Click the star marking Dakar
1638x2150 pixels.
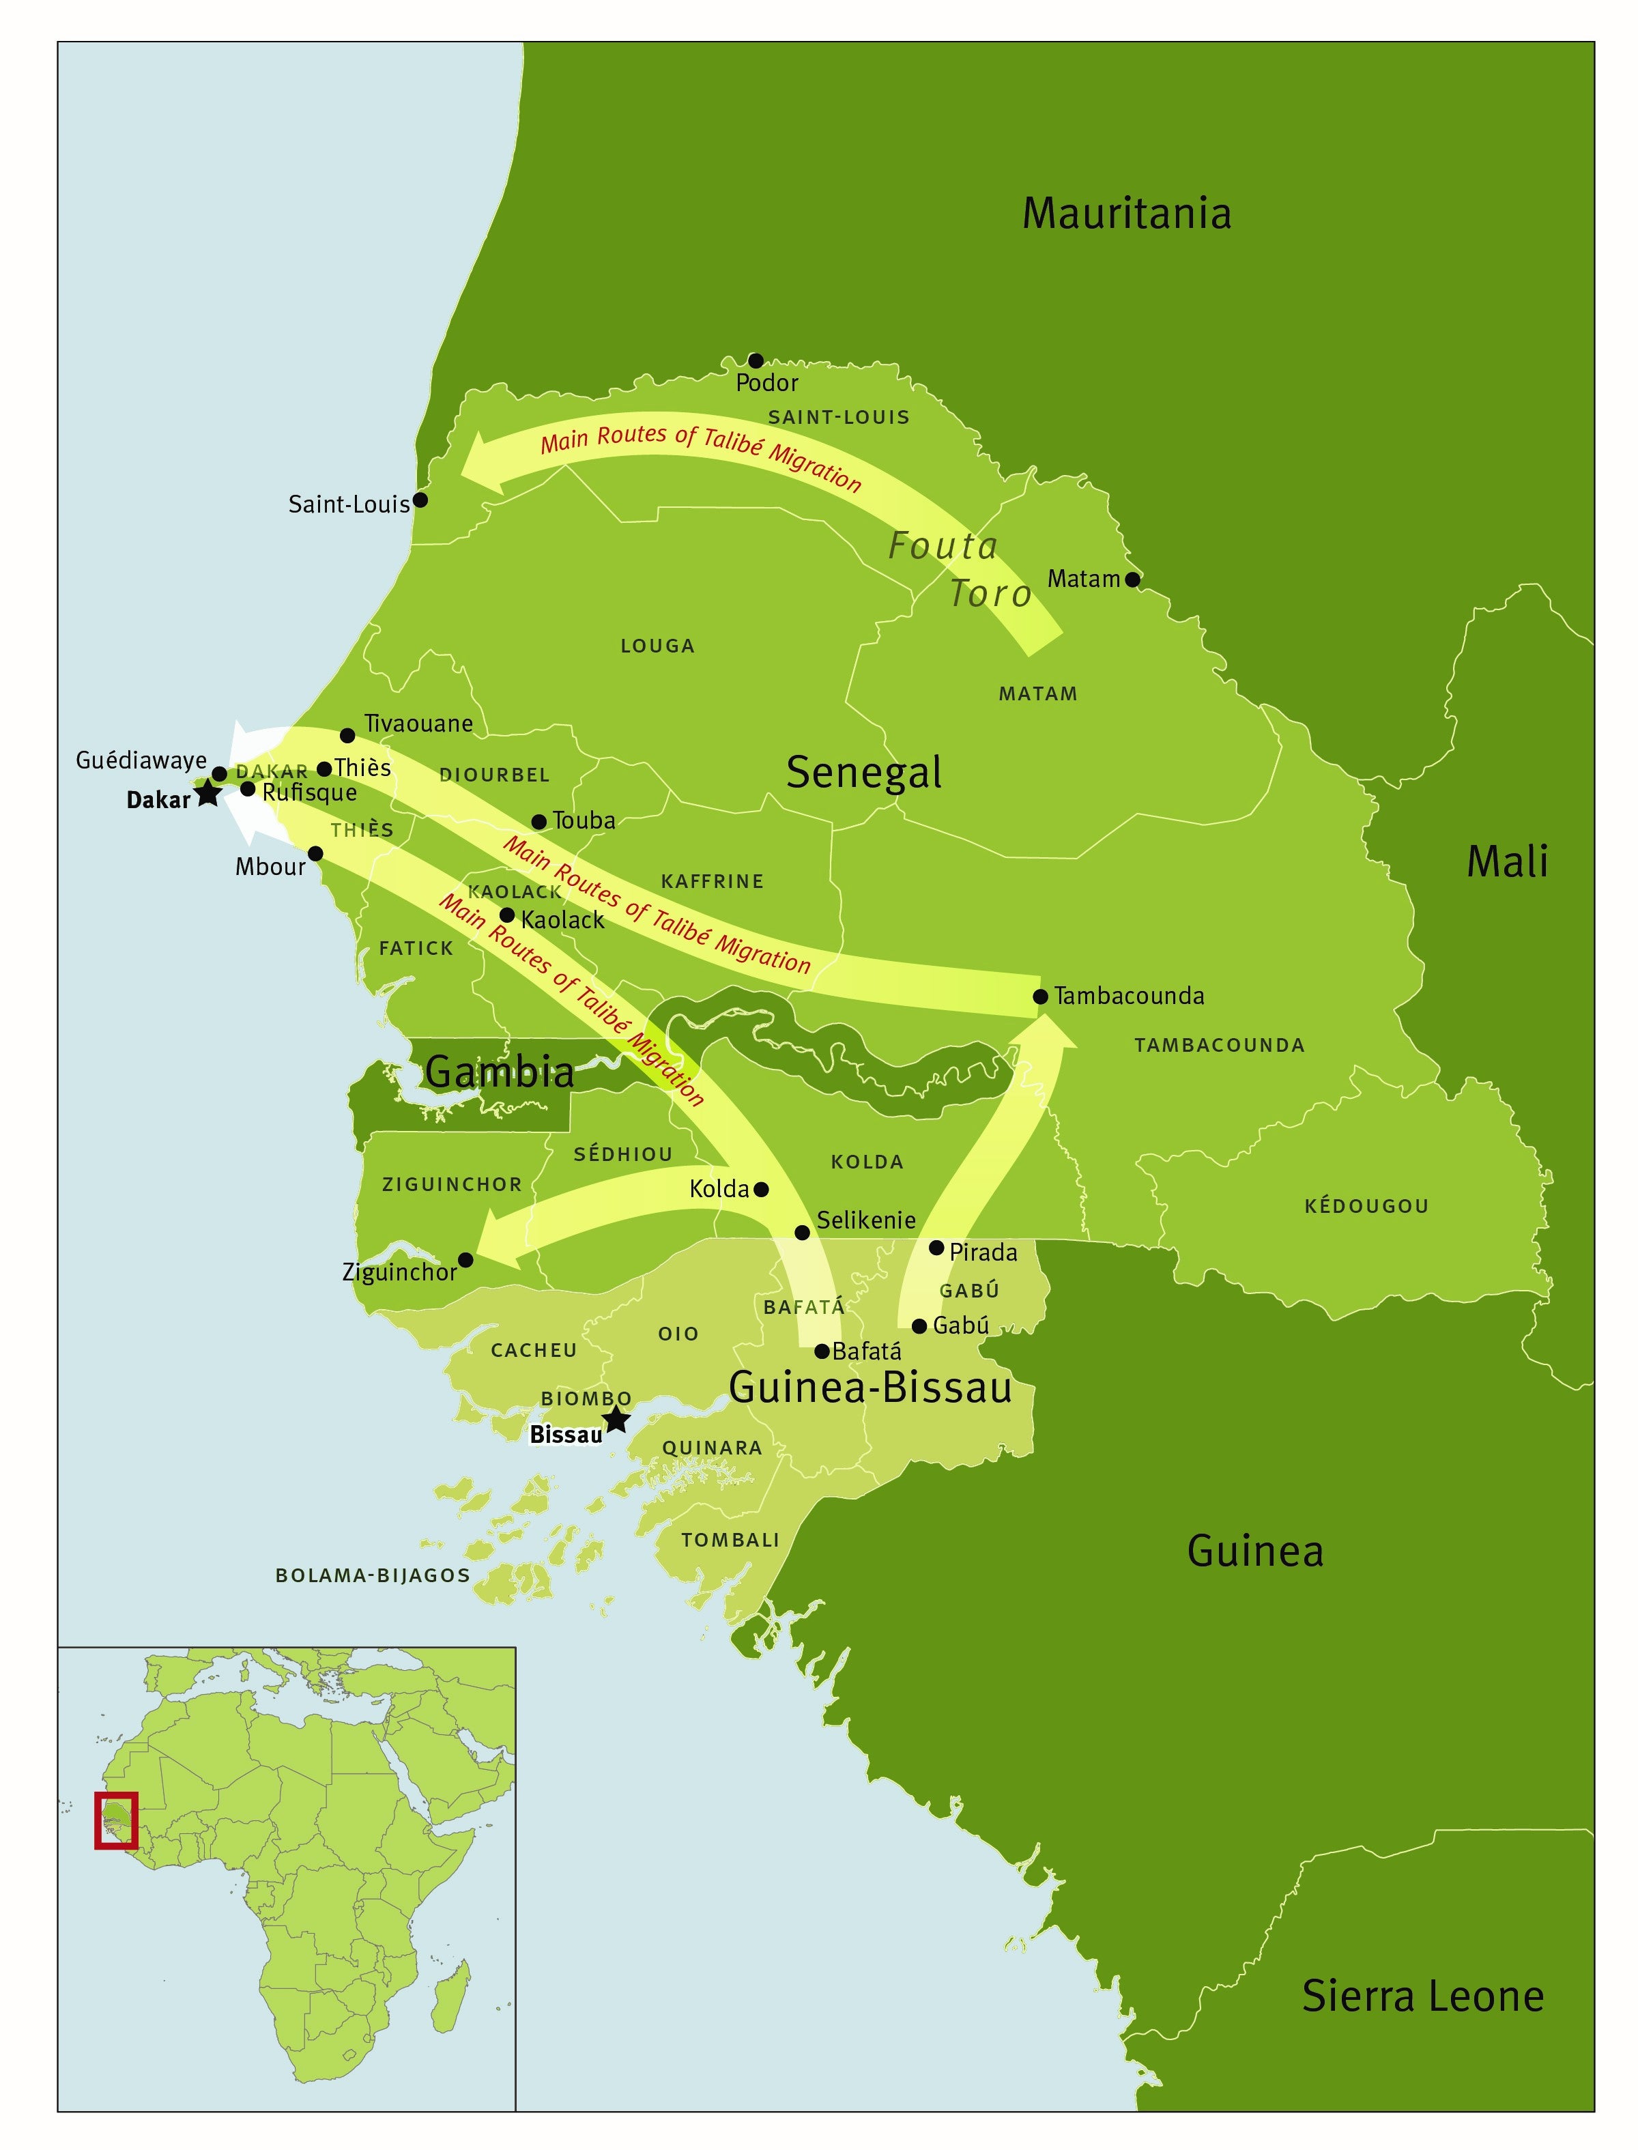pos(207,792)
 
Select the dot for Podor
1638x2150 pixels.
pos(756,361)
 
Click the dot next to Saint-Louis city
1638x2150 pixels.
pos(420,500)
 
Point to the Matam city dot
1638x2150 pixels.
pos(1132,579)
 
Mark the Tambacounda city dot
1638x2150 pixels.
pos(1040,997)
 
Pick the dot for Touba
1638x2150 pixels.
pos(538,822)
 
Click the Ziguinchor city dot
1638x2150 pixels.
pos(466,1260)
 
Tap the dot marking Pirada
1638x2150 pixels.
pos(936,1248)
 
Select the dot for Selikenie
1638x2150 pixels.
pos(803,1233)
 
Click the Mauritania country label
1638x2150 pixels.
pos(1126,214)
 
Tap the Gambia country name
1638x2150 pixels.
pos(499,1072)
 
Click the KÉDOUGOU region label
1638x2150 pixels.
pos(1366,1206)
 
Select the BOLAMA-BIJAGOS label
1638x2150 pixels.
pos(373,1575)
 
